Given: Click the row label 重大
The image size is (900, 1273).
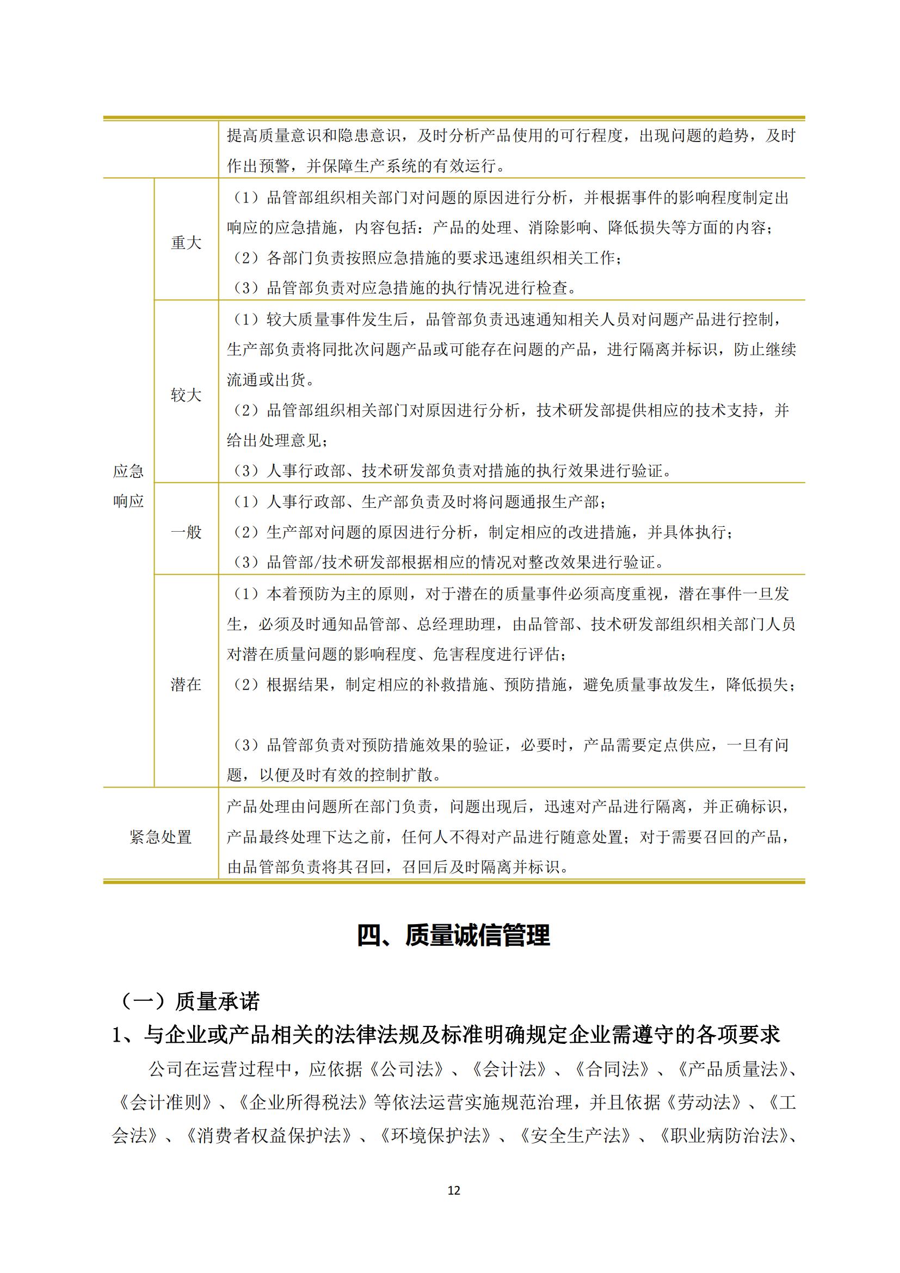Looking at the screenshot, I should (186, 243).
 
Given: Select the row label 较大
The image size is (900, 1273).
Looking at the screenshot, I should (186, 395).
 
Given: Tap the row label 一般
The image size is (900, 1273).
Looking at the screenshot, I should (186, 532).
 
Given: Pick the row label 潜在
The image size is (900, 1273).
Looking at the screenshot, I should (186, 685).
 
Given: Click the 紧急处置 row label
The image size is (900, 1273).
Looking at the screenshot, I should (161, 837).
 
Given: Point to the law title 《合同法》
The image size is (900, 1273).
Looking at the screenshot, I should (612, 1069).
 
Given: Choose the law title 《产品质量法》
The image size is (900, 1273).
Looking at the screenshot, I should (732, 1069).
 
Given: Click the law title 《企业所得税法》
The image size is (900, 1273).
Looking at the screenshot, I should (303, 1102).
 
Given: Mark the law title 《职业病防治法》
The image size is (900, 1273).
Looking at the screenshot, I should (723, 1135).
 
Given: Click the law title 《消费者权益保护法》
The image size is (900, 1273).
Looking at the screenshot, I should (269, 1135).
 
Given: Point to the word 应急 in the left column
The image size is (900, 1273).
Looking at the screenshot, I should (128, 472).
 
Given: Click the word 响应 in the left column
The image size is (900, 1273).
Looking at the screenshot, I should (128, 502).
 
